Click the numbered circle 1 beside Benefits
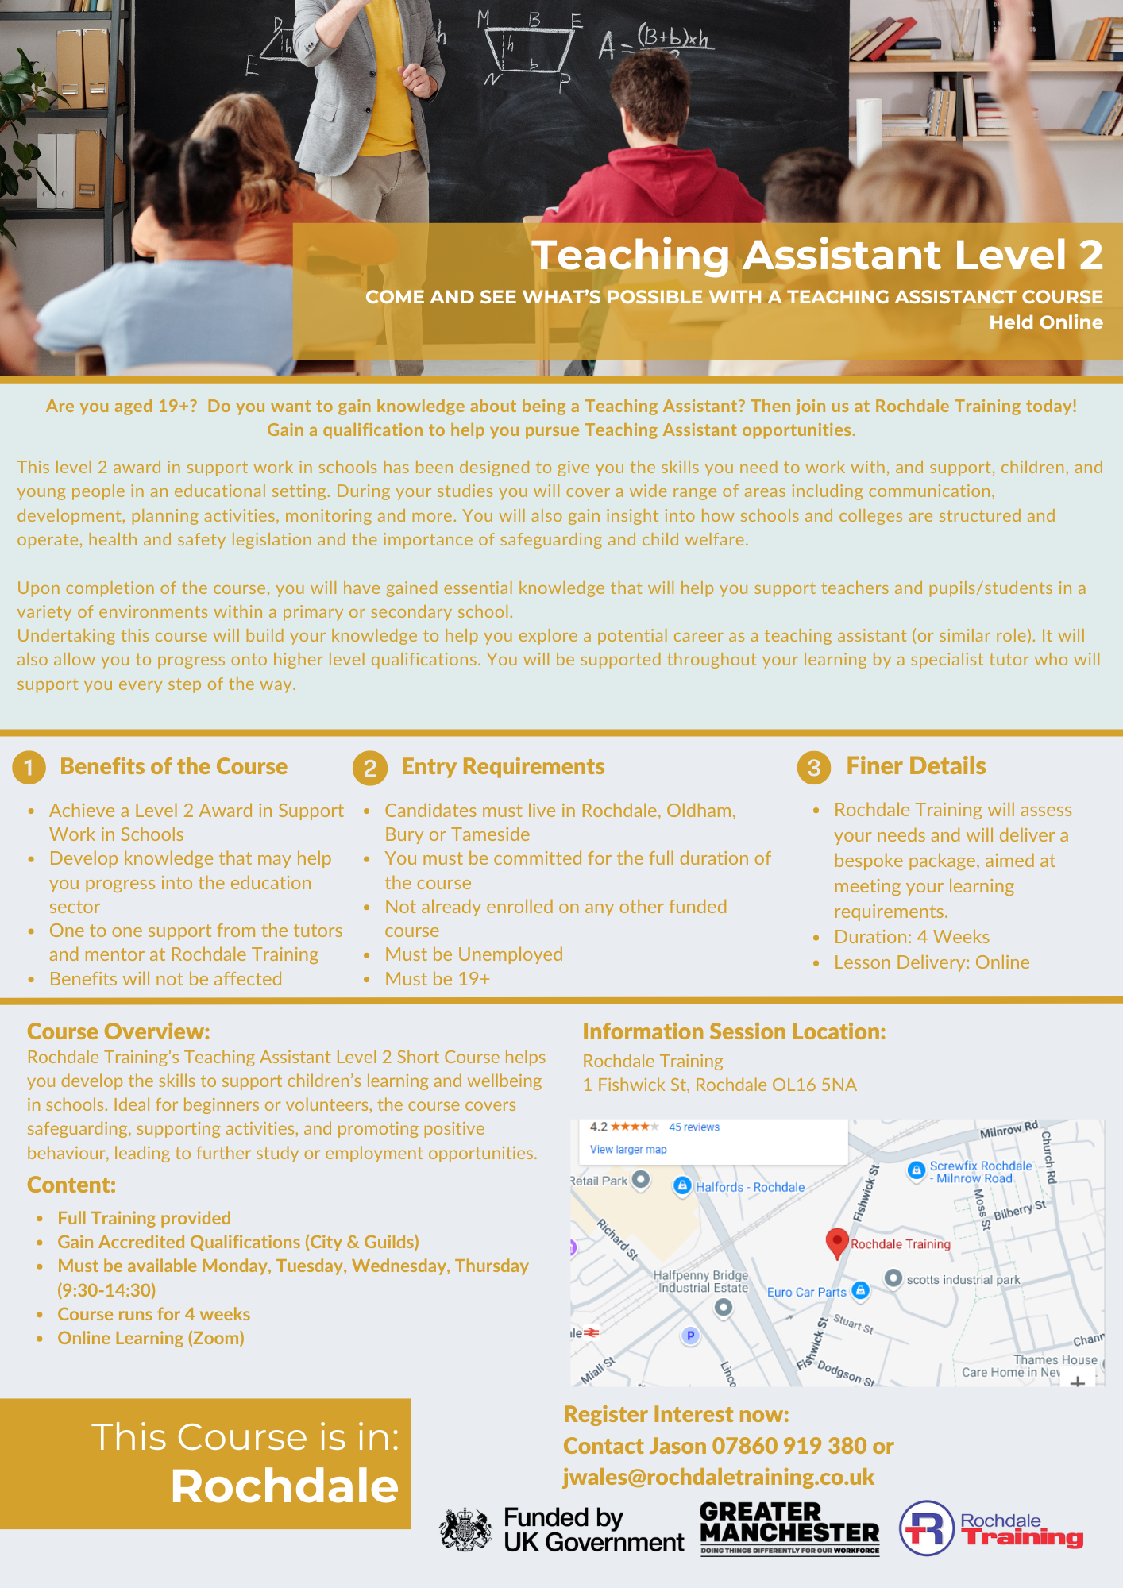point(29,768)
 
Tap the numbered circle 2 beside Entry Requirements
point(370,768)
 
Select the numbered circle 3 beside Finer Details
point(814,768)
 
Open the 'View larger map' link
point(628,1150)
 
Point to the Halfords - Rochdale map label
point(750,1187)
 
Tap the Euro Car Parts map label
point(806,1292)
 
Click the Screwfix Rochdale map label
point(980,1172)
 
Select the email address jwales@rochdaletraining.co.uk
point(719,1477)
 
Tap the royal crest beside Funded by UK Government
point(466,1529)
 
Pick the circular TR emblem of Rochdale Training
point(926,1528)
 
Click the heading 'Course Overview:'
point(118,1031)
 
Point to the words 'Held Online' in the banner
point(1045,322)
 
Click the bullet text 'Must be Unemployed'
point(473,954)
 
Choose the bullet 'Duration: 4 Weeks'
point(911,937)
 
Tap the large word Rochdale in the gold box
point(284,1486)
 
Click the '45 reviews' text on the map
point(693,1127)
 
